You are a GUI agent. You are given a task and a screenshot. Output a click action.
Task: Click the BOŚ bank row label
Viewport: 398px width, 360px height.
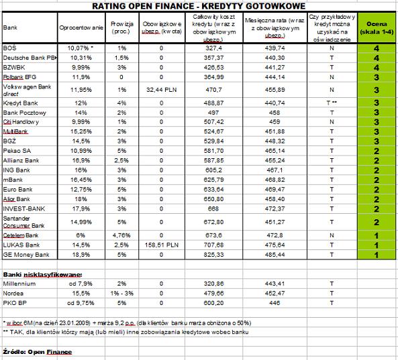point(10,48)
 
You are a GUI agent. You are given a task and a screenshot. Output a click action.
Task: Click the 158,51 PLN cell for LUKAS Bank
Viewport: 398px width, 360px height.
point(161,245)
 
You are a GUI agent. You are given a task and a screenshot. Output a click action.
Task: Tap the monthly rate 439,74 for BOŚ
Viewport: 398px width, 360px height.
point(276,48)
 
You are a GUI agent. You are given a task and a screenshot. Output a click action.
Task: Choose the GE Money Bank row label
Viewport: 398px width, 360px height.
point(26,255)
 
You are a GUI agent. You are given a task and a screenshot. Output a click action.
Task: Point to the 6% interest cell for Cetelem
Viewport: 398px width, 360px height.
point(81,235)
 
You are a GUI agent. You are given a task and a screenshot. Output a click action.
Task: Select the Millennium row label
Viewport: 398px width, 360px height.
point(19,284)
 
